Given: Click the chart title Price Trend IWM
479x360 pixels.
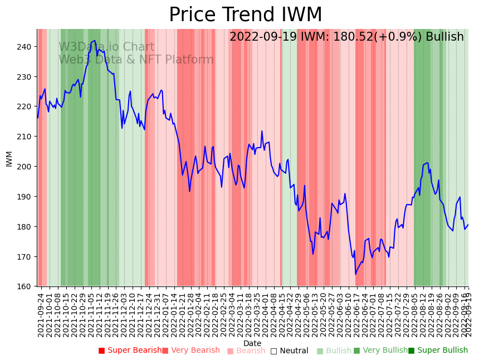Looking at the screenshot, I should click(x=245, y=15).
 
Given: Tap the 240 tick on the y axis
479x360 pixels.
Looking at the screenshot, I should click(x=26, y=46).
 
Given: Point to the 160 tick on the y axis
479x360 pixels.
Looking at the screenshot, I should click(x=26, y=287).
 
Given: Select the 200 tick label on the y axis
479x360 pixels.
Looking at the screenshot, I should click(x=26, y=167).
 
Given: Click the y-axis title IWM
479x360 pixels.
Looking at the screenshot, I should click(x=9, y=158).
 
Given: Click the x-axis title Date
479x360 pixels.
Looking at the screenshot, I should click(x=252, y=343).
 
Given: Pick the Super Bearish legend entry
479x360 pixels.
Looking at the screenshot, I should click(x=130, y=351).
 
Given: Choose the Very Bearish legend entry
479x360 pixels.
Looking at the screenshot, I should click(x=191, y=351).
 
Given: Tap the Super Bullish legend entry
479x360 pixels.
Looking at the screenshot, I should click(x=438, y=351).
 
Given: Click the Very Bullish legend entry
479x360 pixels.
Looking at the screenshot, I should click(x=380, y=351).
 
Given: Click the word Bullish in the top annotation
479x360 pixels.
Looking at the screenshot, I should click(x=444, y=37).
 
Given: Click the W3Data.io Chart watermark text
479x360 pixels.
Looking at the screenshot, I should click(x=106, y=47).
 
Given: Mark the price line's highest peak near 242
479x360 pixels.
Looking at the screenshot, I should click(x=95, y=41).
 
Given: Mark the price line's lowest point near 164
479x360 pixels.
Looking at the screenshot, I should click(x=355, y=274).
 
